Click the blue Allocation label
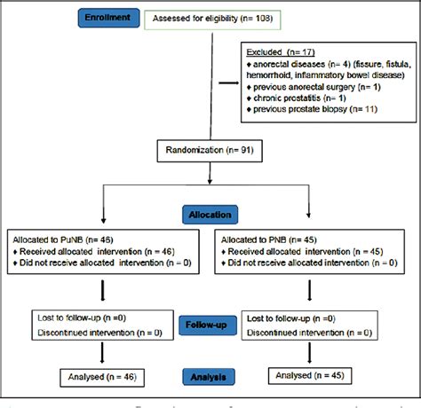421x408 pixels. point(210,214)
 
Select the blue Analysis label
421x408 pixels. point(210,377)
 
